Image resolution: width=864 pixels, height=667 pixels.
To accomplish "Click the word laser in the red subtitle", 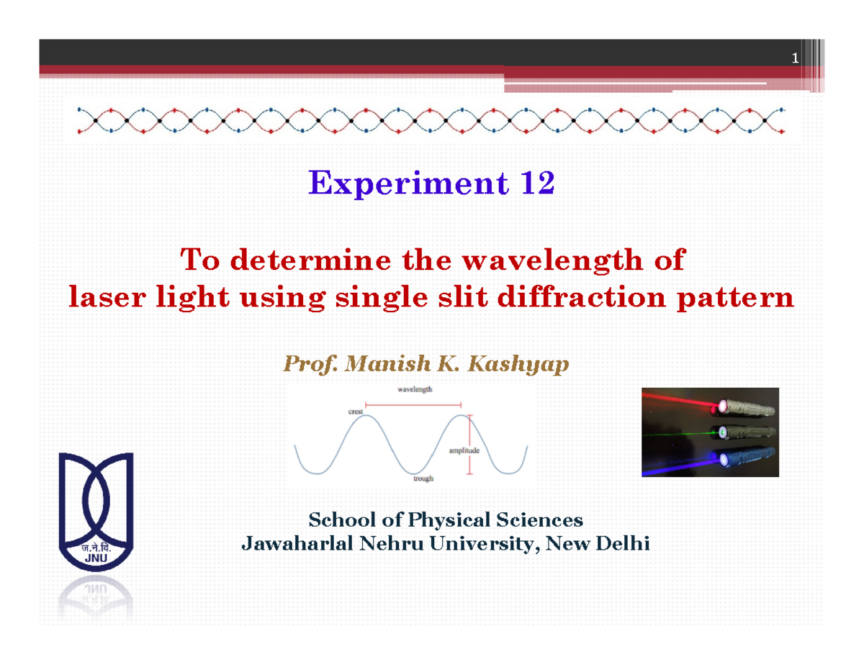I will pos(99,297).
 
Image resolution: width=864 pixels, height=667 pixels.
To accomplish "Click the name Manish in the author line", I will pos(382,365).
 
